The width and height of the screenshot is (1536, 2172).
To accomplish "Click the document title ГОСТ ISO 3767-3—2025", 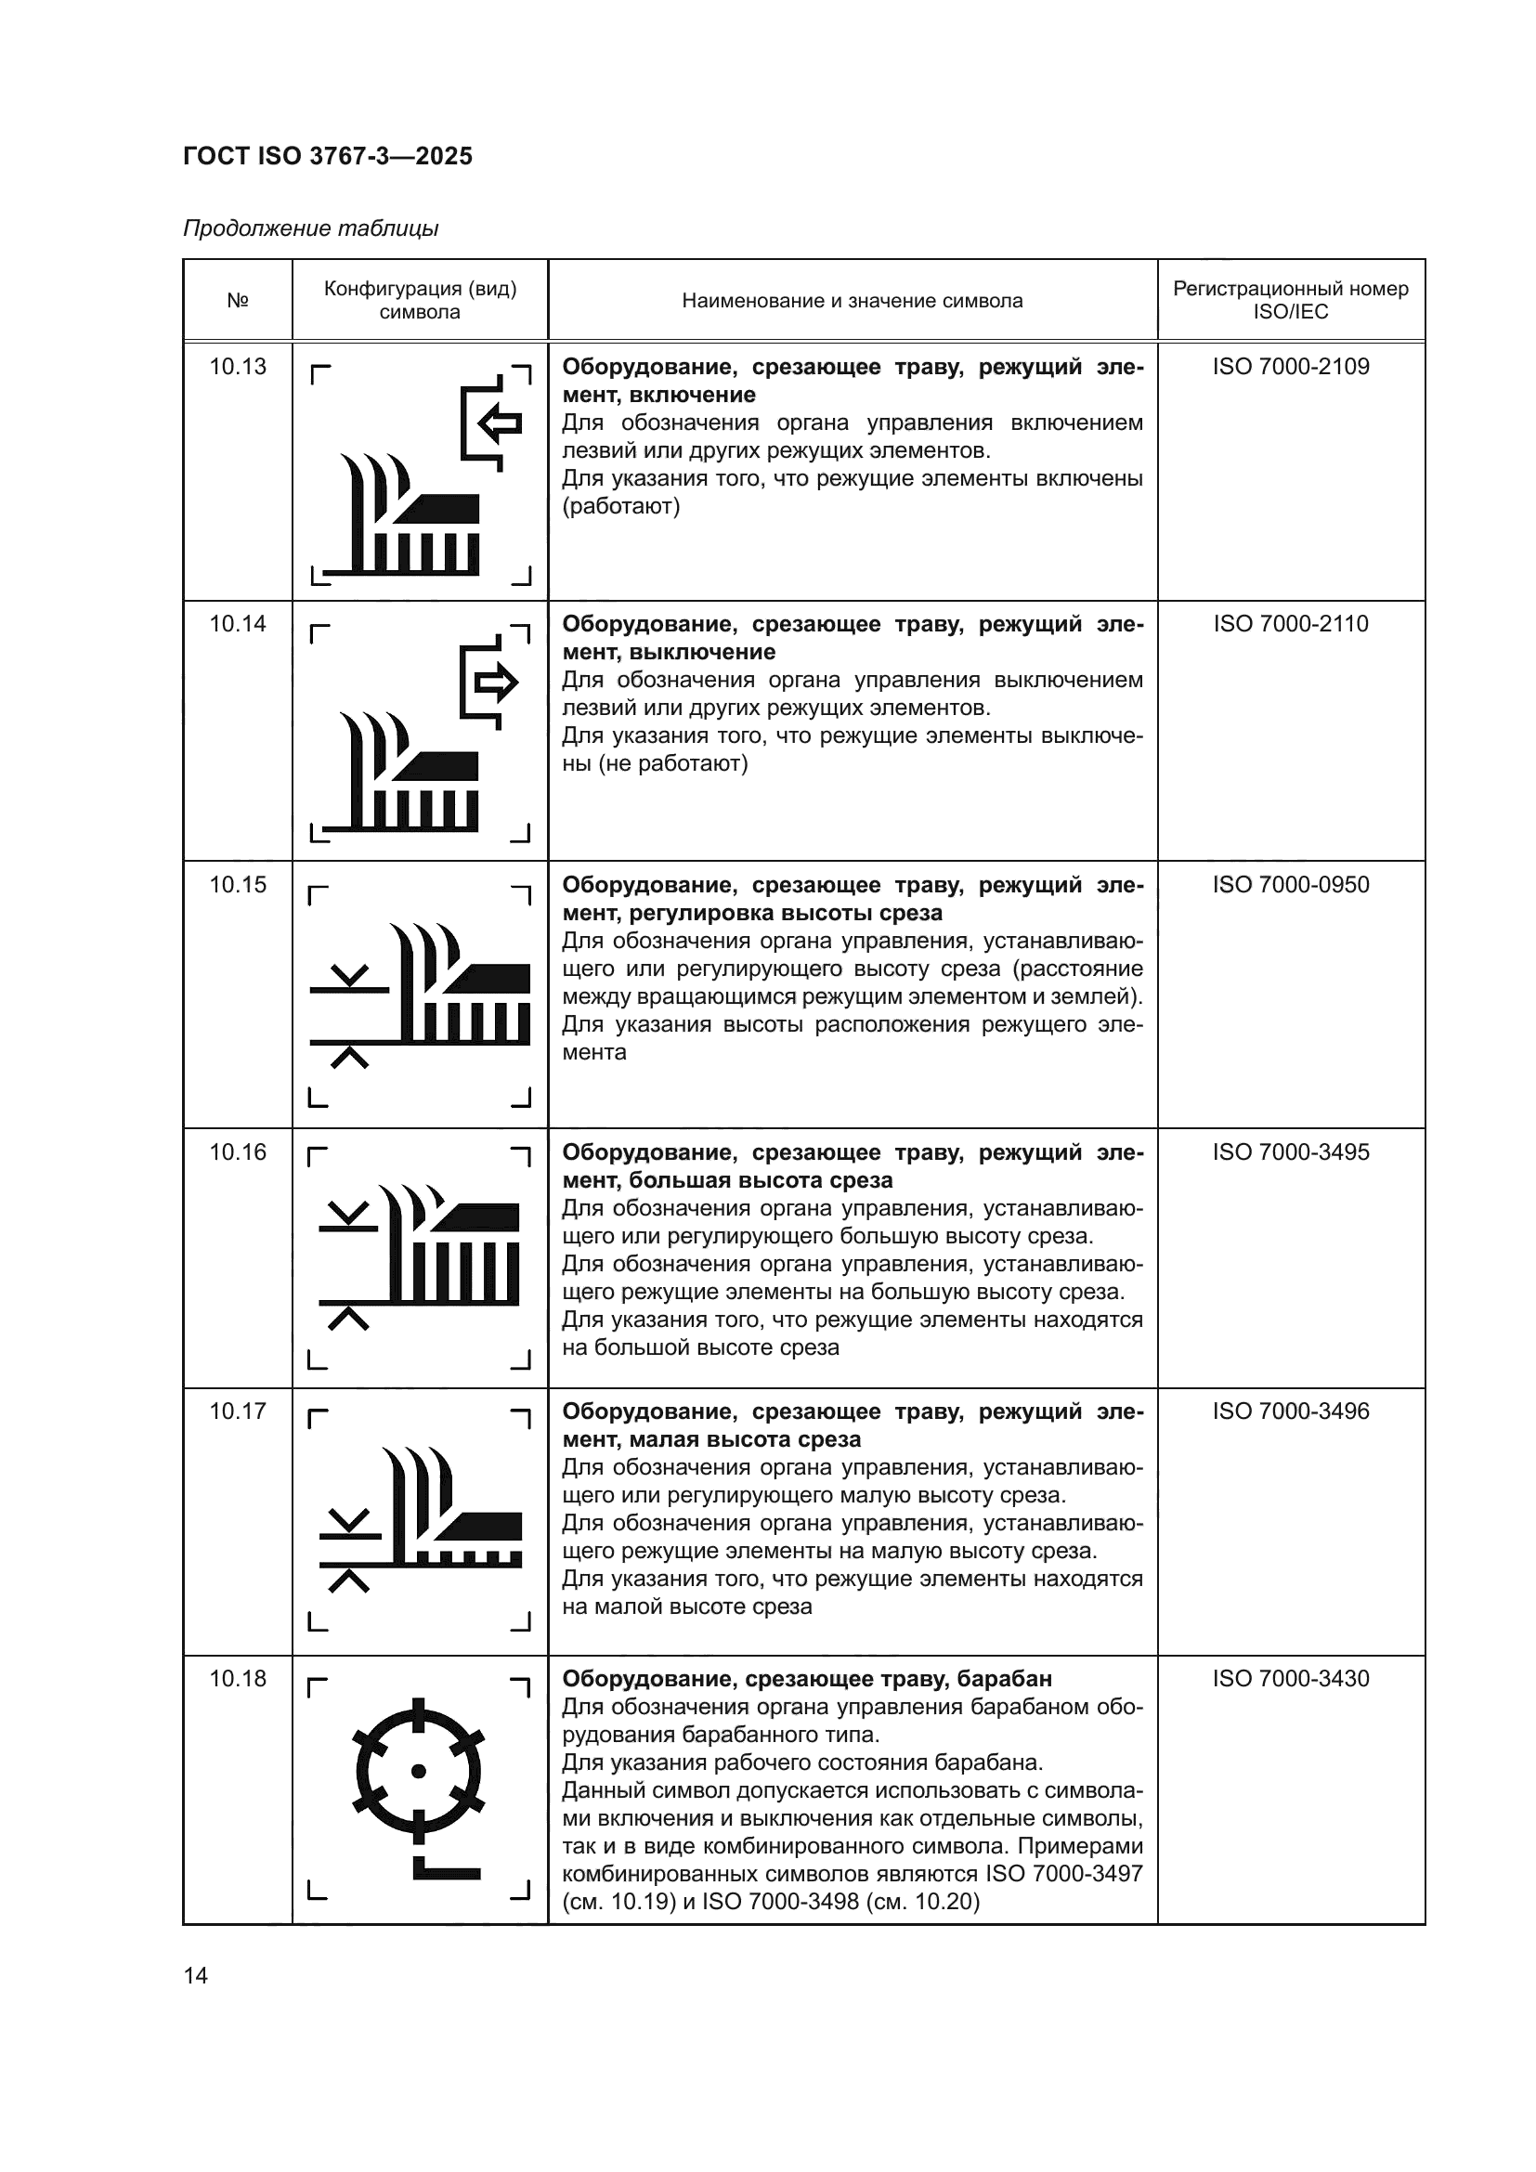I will (x=327, y=156).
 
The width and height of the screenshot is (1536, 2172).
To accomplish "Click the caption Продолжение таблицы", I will (x=310, y=228).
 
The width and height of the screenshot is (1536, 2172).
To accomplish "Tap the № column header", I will (x=238, y=301).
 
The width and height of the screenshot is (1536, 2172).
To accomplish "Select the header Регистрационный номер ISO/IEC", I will (x=1290, y=300).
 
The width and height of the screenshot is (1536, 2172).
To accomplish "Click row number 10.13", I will (x=238, y=367).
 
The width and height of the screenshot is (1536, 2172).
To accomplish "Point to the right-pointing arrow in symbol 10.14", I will (x=496, y=681).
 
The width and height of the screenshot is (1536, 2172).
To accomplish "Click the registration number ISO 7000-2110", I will (x=1290, y=624).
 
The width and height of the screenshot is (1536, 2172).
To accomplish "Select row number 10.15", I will (x=238, y=886).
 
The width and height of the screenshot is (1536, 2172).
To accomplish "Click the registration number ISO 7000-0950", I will (x=1290, y=886).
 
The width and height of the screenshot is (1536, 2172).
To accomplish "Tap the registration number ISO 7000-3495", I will (x=1290, y=1152).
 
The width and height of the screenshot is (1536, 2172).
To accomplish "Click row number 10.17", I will (x=238, y=1411).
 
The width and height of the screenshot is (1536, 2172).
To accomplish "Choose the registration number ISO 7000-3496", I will (x=1290, y=1411).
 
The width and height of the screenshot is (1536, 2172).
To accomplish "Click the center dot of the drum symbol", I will (x=419, y=1771).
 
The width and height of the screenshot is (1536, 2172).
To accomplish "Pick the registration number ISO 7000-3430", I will (x=1290, y=1679).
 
